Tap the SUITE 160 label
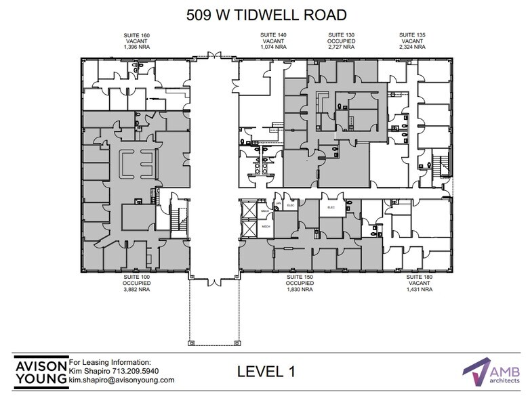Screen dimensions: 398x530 pyautogui.click(x=136, y=34)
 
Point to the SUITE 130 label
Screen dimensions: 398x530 pyautogui.click(x=341, y=34)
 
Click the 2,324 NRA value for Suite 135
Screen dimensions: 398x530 pyautogui.click(x=411, y=47)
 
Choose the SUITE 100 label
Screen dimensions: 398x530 pyautogui.click(x=136, y=277)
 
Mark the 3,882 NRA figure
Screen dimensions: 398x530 pyautogui.click(x=136, y=289)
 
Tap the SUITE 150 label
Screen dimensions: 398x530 pyautogui.click(x=299, y=277)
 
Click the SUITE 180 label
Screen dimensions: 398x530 pyautogui.click(x=418, y=277)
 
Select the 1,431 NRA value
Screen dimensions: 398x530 pyautogui.click(x=418, y=289)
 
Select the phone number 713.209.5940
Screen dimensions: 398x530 pyautogui.click(x=134, y=371)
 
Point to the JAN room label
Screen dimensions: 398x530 pyautogui.click(x=277, y=203)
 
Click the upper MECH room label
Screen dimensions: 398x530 pyautogui.click(x=267, y=211)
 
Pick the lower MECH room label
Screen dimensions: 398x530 pyautogui.click(x=267, y=226)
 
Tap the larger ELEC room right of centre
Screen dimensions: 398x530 pyautogui.click(x=331, y=207)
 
